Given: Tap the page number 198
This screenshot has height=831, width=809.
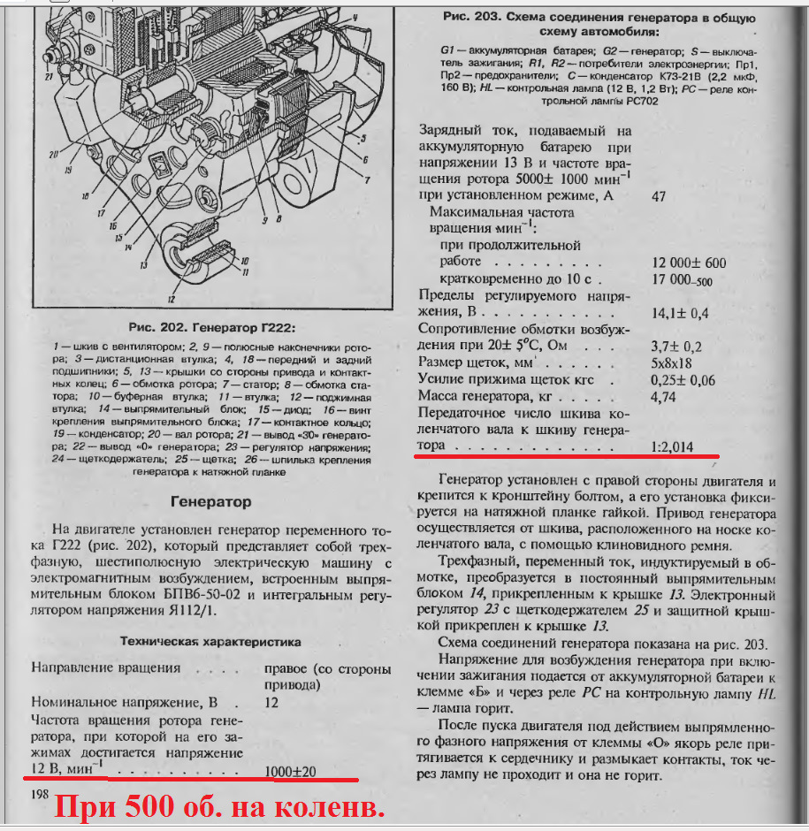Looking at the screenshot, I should [x=39, y=795].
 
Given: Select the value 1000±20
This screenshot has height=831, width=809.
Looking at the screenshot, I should [x=291, y=771].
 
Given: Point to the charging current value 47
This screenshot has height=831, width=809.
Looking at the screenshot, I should [x=658, y=195].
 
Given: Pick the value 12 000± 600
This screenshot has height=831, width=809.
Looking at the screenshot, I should [x=688, y=263].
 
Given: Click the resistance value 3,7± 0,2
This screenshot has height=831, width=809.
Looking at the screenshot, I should [x=675, y=346].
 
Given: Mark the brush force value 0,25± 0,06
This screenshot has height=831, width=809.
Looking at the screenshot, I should [x=683, y=380].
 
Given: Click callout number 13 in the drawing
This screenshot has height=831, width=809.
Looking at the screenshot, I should [x=142, y=263].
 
